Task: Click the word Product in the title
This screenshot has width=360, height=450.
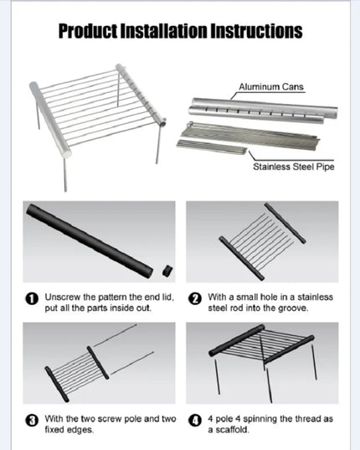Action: (88, 31)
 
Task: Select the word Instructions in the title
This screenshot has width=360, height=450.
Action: (256, 31)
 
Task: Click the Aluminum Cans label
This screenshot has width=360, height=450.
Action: (271, 86)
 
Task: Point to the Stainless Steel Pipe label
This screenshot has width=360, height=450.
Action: (294, 167)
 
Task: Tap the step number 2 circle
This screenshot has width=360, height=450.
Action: (195, 299)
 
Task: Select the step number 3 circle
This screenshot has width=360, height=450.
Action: (32, 421)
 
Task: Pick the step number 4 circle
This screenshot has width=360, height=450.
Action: (195, 421)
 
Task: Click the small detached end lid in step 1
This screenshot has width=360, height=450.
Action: (167, 271)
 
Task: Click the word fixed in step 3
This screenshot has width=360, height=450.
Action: (54, 430)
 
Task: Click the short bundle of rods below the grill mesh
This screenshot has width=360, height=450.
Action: (212, 147)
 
